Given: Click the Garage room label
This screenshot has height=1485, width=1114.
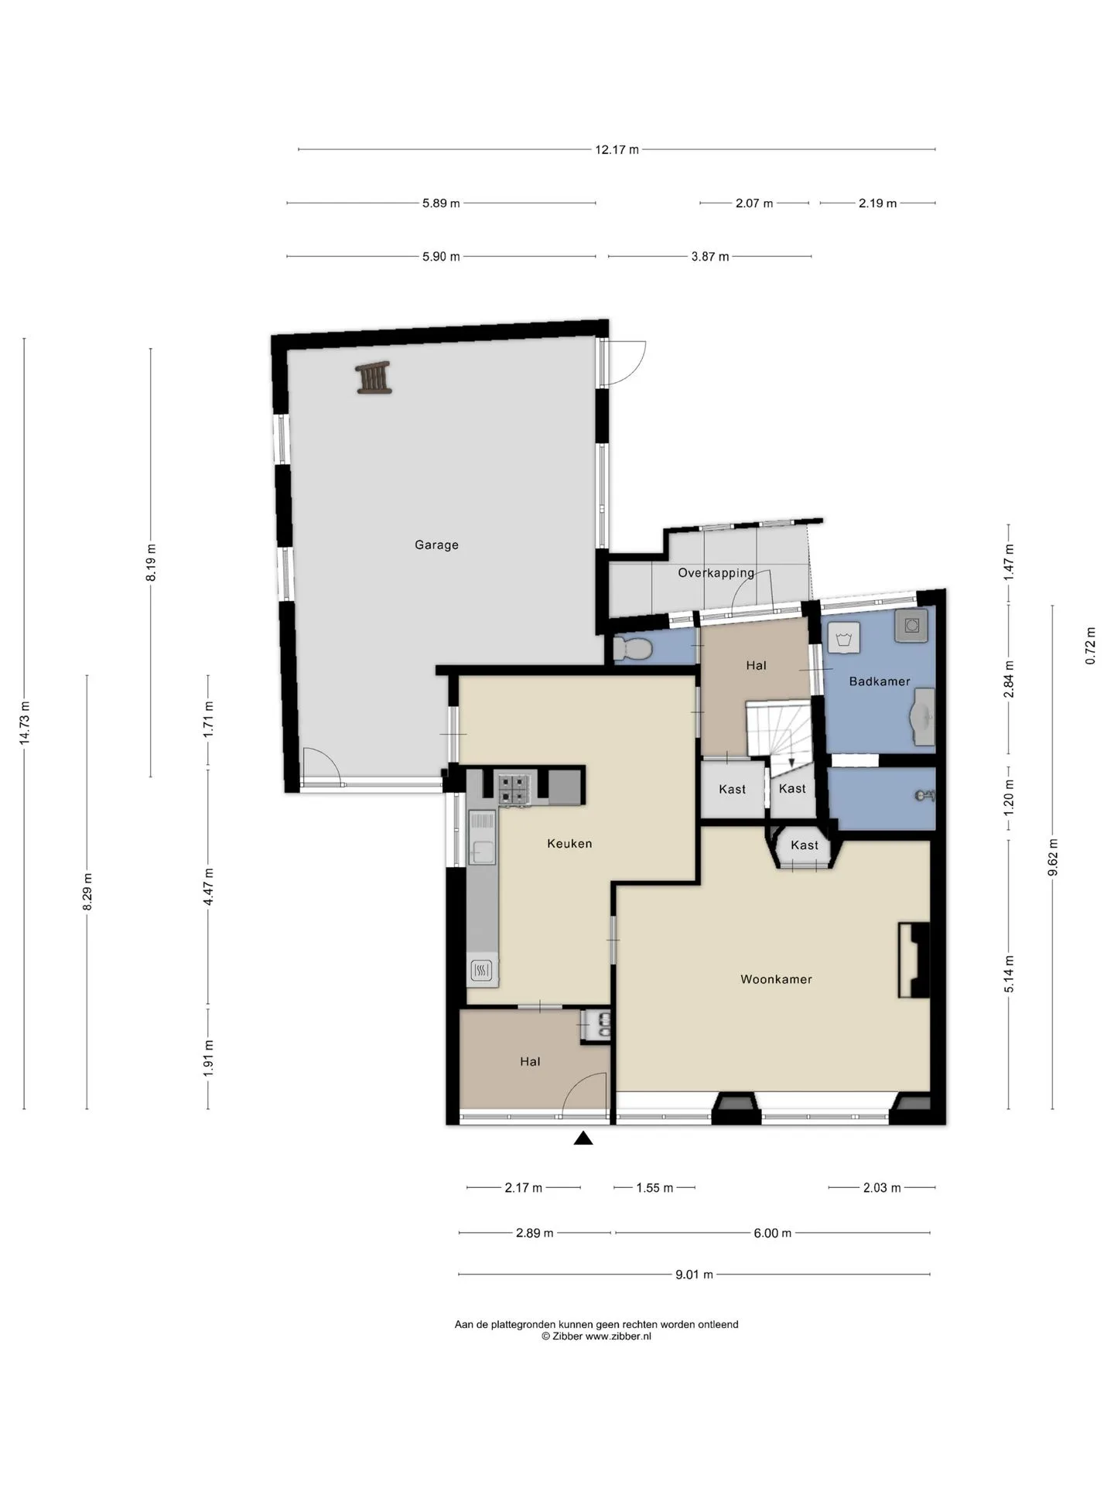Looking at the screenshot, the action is pos(436,545).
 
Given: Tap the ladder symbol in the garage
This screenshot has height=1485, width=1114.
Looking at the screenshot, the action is pos(374,377).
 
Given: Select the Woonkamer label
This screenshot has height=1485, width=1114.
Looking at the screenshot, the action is pos(776,979).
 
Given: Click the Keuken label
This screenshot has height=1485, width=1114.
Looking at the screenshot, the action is pos(569,844).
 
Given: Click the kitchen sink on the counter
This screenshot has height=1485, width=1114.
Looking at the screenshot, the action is pos(482,838).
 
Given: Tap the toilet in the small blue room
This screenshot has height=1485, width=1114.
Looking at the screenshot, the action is pos(633,648).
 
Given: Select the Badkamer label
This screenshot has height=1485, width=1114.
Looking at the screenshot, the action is pos(880,681).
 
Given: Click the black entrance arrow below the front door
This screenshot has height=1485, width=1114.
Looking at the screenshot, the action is pos(583,1138).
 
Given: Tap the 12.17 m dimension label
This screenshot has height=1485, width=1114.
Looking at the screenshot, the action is pos(617,150).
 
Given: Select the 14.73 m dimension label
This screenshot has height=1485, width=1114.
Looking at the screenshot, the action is pos(25,723).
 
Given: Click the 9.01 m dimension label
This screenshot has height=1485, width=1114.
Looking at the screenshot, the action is pos(694,1275).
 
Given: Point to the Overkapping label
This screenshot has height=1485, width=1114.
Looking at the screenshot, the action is pos(716,573).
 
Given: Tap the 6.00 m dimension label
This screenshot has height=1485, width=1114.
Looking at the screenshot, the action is pos(772,1233).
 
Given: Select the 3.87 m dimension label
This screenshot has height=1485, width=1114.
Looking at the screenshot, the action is pos(710,257).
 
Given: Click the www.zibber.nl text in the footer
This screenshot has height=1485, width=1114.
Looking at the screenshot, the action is pos(618,1336).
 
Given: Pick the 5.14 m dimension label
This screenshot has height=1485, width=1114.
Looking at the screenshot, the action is pos(1009,975).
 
